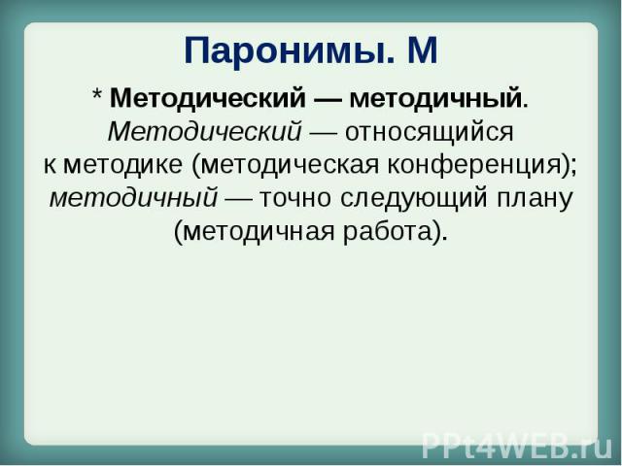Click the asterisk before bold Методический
pyautogui.click(x=97, y=95)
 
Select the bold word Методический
pyautogui.click(x=208, y=98)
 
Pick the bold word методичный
pyautogui.click(x=436, y=98)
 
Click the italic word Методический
pyautogui.click(x=204, y=131)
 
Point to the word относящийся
pyautogui.click(x=430, y=133)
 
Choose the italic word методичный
pyautogui.click(x=134, y=198)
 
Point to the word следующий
pyautogui.click(x=413, y=199)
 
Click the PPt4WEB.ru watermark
pyautogui.click(x=517, y=446)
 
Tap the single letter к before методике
pyautogui.click(x=50, y=166)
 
